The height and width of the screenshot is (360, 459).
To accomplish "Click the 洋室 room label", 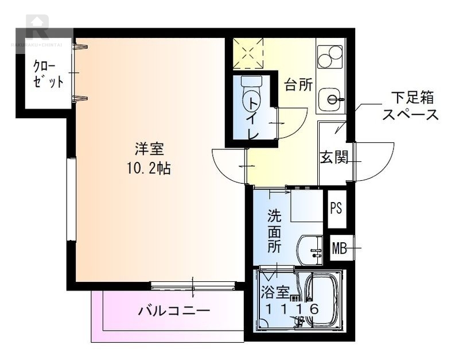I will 150,150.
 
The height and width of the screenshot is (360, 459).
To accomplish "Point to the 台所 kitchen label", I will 299,86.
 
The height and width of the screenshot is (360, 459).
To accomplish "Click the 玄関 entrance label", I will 334,156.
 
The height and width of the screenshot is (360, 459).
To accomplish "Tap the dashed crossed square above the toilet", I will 248,53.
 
